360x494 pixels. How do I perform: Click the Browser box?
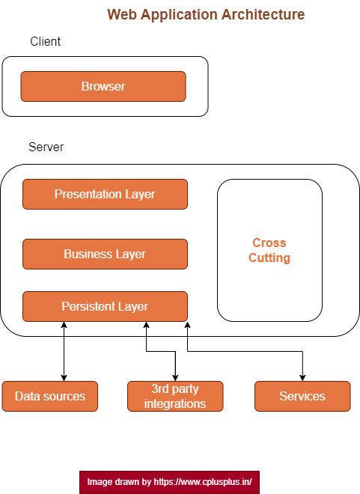click(103, 86)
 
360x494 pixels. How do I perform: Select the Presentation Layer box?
click(105, 194)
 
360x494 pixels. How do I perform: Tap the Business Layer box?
click(105, 254)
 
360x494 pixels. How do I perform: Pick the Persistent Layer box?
click(105, 306)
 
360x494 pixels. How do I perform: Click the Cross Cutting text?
click(269, 251)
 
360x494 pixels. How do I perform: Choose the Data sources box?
click(50, 396)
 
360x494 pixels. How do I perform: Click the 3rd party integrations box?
click(175, 396)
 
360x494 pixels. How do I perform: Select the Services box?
click(302, 396)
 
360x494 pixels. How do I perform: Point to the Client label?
click(46, 42)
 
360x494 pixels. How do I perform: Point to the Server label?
click(46, 147)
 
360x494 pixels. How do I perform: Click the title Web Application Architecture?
click(206, 14)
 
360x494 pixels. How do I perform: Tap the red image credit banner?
click(169, 482)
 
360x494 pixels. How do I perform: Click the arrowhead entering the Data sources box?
click(64, 377)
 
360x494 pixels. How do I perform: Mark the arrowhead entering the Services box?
click(302, 377)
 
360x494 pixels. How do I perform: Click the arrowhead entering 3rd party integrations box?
click(175, 377)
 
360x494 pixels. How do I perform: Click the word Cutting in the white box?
click(269, 258)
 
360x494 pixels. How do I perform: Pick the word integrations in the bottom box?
click(175, 403)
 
